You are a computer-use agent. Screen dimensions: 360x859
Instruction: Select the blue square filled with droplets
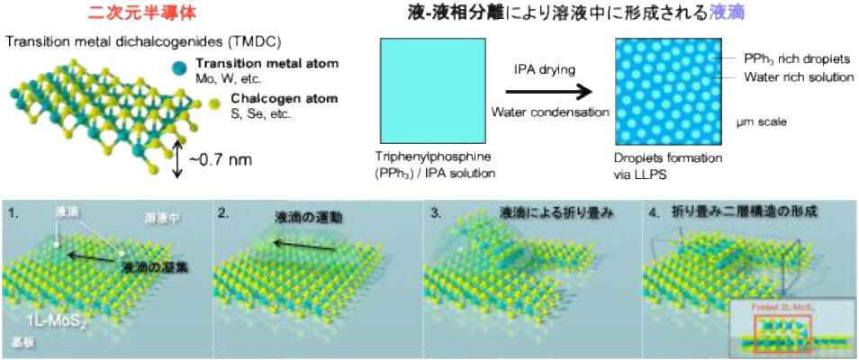(x=667, y=93)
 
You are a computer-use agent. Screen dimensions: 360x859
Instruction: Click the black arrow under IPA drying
(x=548, y=91)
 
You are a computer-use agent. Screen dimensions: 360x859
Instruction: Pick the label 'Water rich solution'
(x=799, y=77)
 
